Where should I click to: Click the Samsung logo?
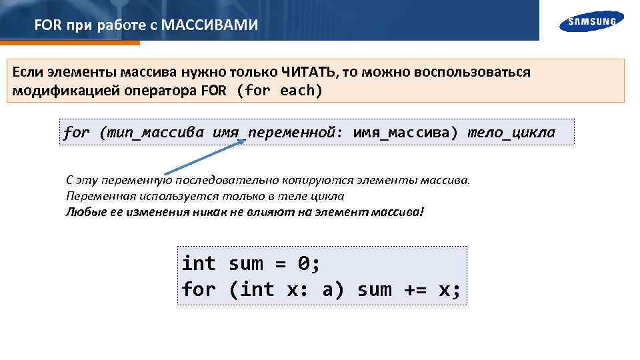click(592, 21)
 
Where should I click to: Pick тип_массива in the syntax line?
click(154, 132)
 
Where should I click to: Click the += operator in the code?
click(415, 289)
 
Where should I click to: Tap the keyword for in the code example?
click(199, 289)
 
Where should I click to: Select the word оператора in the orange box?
click(160, 91)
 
